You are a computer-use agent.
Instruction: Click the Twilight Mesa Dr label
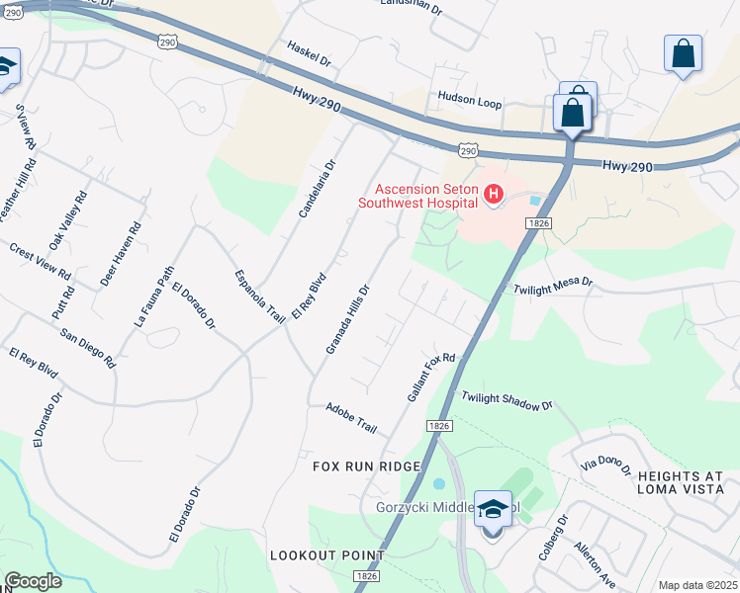(x=552, y=287)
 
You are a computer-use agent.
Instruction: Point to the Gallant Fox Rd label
(x=430, y=378)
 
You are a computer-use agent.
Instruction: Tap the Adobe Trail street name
(x=352, y=418)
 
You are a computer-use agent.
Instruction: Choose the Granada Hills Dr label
(x=347, y=321)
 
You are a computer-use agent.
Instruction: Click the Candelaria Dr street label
(x=319, y=189)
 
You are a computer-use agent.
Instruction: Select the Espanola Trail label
(x=259, y=295)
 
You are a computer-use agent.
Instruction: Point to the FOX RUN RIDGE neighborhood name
(x=367, y=466)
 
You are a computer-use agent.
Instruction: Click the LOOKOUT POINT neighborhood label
(x=326, y=555)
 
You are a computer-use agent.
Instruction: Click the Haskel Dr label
(x=309, y=53)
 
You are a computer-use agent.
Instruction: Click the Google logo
(x=33, y=581)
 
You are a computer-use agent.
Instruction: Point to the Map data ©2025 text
(x=697, y=585)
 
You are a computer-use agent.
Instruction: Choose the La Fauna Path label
(x=153, y=296)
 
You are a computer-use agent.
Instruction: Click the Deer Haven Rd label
(x=121, y=254)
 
